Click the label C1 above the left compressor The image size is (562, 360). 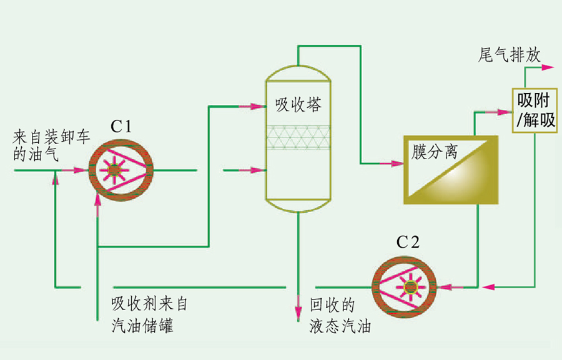click(121, 126)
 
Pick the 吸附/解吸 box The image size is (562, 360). click(534, 110)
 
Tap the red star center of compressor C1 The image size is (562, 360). click(114, 169)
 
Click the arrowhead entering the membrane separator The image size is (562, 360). click(395, 163)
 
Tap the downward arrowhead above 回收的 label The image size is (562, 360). click(298, 311)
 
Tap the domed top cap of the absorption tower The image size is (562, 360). click(298, 72)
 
